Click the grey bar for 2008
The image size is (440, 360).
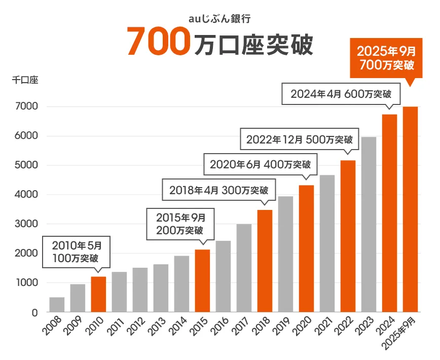coord(57,304)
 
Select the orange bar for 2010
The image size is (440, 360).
coord(98,294)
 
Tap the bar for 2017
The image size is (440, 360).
coord(244,268)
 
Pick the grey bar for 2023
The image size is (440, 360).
coord(369,224)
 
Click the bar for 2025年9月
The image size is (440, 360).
coord(410,209)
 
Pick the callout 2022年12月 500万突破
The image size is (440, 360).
coord(299,139)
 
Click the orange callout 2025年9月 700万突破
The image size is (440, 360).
coord(386,58)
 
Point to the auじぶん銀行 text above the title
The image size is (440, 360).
coord(219,19)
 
